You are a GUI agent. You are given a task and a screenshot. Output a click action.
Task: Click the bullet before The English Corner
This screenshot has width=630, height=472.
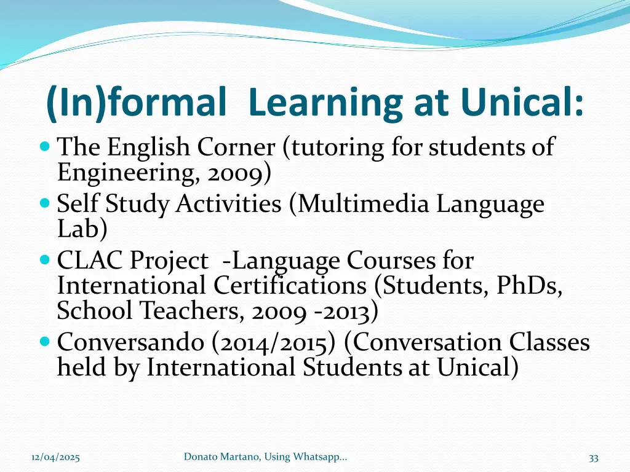point(44,147)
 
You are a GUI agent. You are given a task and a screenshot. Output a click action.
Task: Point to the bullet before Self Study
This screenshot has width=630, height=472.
point(44,202)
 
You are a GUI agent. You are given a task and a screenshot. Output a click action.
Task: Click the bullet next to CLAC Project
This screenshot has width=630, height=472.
point(44,259)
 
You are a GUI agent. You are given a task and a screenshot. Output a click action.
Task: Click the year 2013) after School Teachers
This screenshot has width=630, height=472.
point(349,312)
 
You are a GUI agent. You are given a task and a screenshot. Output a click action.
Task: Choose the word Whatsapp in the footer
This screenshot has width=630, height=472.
point(318,457)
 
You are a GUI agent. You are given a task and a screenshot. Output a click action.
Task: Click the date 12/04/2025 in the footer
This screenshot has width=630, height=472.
point(55,457)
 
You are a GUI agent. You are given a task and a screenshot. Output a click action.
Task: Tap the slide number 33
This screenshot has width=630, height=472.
point(594,457)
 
